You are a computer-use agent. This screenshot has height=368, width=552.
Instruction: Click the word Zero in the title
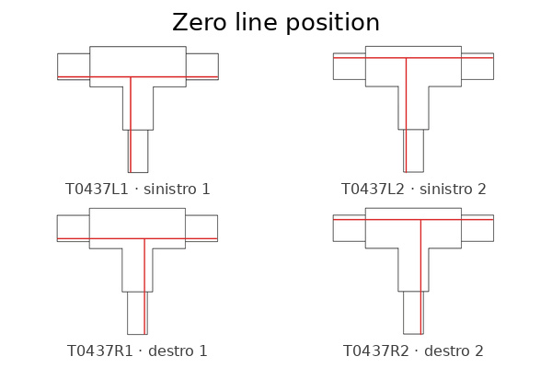[199, 22]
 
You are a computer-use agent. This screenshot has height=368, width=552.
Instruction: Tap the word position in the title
[332, 23]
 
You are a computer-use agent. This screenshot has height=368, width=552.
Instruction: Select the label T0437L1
[97, 190]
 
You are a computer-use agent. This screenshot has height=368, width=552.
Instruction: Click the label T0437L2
[373, 190]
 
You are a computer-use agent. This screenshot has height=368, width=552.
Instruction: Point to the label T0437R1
[100, 351]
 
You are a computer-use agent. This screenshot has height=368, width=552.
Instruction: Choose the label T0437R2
[376, 351]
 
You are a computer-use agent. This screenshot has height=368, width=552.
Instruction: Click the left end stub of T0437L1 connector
[74, 66]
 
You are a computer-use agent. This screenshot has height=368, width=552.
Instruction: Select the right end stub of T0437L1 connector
[202, 66]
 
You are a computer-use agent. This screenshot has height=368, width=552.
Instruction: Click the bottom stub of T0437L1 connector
[138, 151]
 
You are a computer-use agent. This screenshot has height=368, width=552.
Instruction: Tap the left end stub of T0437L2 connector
[350, 66]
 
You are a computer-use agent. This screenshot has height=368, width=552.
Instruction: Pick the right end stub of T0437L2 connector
[477, 66]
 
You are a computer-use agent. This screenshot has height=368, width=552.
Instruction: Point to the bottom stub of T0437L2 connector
[414, 151]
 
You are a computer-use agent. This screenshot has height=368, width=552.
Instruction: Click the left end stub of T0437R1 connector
[74, 228]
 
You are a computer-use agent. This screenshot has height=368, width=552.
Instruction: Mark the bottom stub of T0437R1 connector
[137, 313]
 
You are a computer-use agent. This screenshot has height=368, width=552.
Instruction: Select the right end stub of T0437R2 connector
[477, 228]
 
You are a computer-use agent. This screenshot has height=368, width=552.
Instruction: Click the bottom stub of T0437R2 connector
[414, 313]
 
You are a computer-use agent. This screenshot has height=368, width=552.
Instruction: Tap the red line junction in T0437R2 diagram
[420, 220]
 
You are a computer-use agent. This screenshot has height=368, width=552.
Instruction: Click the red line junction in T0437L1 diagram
[131, 76]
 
